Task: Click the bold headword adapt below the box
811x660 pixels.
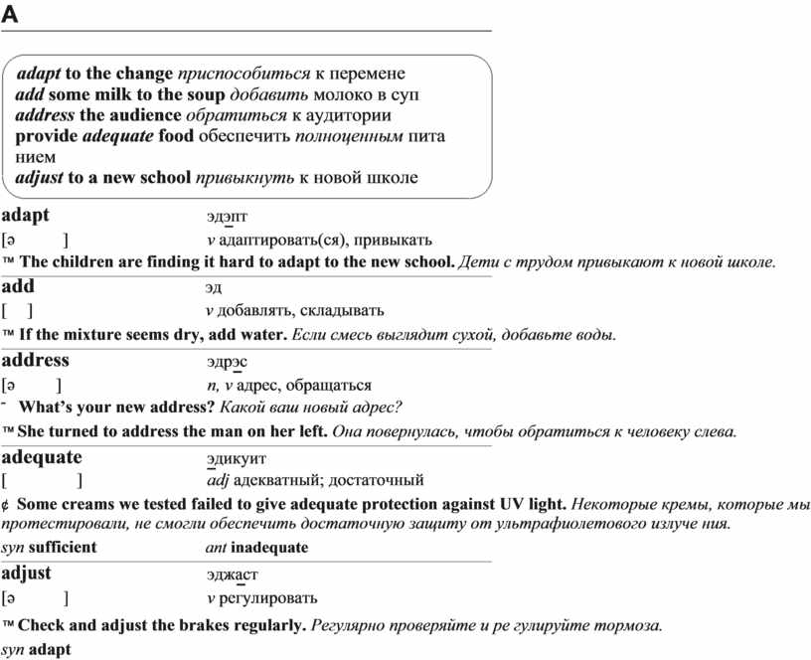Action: tap(26, 215)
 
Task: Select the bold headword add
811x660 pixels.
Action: tap(18, 286)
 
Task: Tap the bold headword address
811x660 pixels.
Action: tap(35, 360)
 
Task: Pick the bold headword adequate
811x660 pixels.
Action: tap(42, 457)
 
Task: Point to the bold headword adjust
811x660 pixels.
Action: tap(27, 573)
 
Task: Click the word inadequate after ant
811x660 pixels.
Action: tap(269, 548)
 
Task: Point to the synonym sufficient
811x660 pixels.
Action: tap(63, 548)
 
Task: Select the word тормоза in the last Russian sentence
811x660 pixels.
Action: tap(628, 626)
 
